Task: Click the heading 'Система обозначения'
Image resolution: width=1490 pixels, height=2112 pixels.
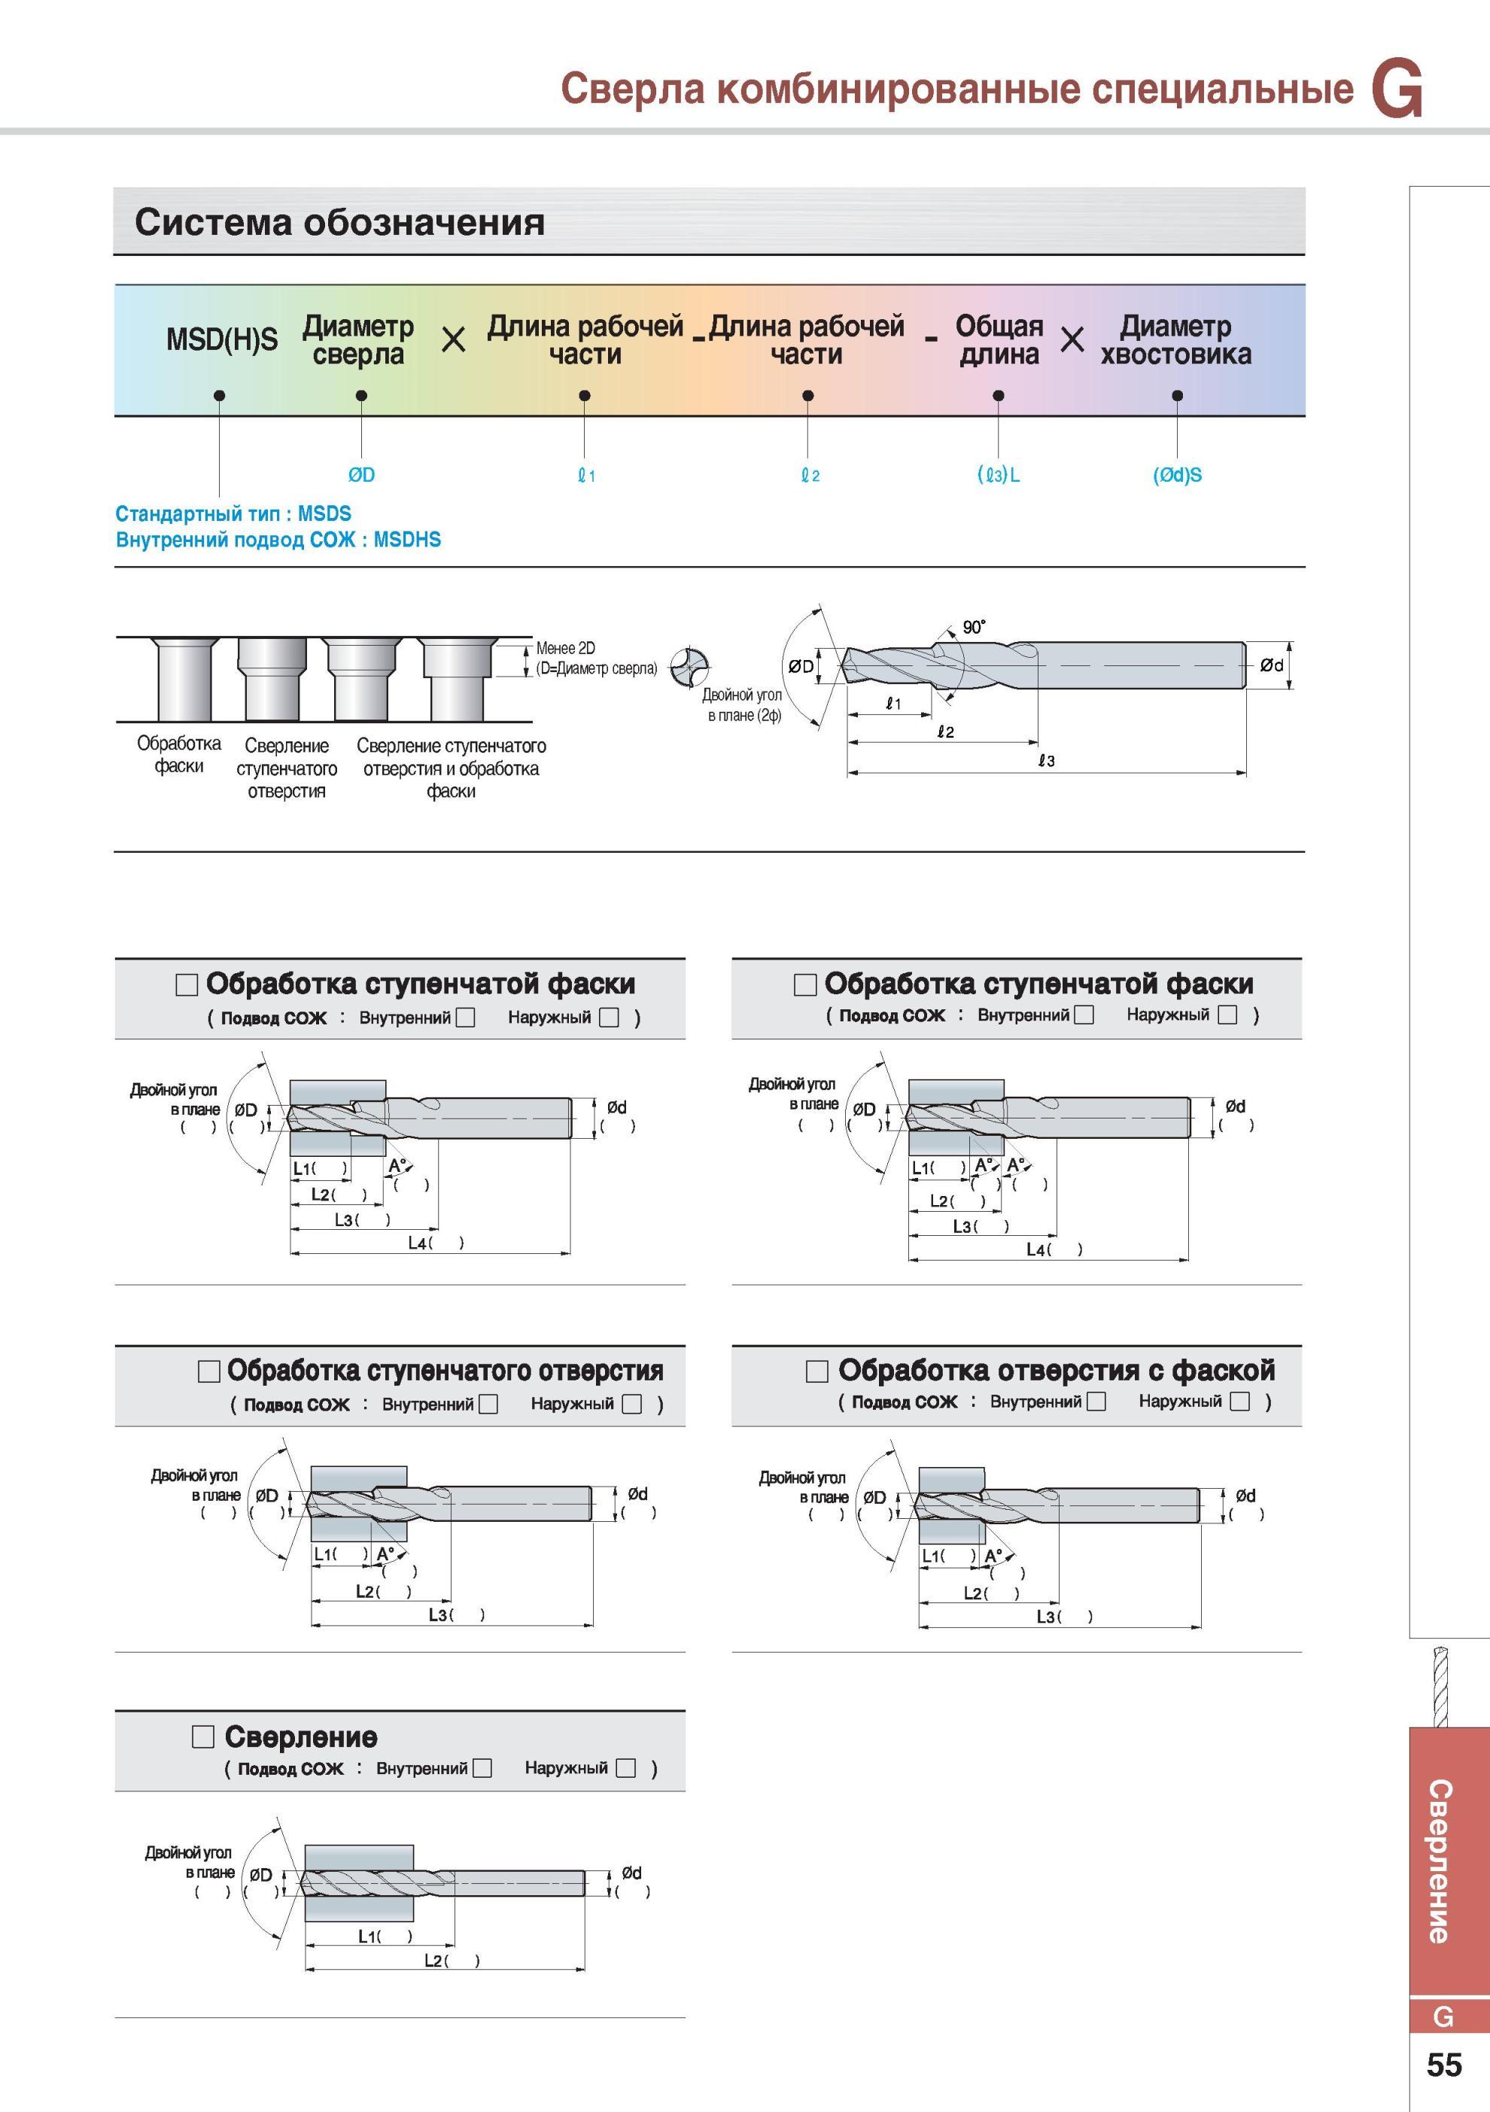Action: click(339, 222)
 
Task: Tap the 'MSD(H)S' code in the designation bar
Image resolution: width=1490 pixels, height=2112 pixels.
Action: click(222, 339)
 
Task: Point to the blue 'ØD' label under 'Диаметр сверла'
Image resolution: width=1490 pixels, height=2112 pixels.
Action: click(361, 475)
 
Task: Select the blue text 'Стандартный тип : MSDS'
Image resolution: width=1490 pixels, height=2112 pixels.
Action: click(233, 513)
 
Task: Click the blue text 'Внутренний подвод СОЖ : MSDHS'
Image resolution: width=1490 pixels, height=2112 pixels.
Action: click(278, 539)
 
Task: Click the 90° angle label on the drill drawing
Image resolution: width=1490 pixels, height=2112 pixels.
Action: click(974, 627)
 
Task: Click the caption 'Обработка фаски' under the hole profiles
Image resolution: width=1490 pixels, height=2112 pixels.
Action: click(178, 754)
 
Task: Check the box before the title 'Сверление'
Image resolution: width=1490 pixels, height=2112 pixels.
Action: click(202, 1736)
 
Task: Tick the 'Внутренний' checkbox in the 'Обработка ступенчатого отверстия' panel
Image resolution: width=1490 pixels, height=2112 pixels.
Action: click(488, 1404)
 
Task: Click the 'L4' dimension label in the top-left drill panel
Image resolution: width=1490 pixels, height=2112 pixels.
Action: click(417, 1243)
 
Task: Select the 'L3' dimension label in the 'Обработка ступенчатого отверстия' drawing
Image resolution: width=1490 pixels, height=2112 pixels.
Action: click(438, 1614)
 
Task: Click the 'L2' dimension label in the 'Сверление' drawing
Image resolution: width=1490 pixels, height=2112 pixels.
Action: click(433, 1960)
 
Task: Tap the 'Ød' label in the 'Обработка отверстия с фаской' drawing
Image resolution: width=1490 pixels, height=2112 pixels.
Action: click(1245, 1496)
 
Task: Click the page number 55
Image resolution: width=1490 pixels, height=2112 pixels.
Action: click(1444, 2065)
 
